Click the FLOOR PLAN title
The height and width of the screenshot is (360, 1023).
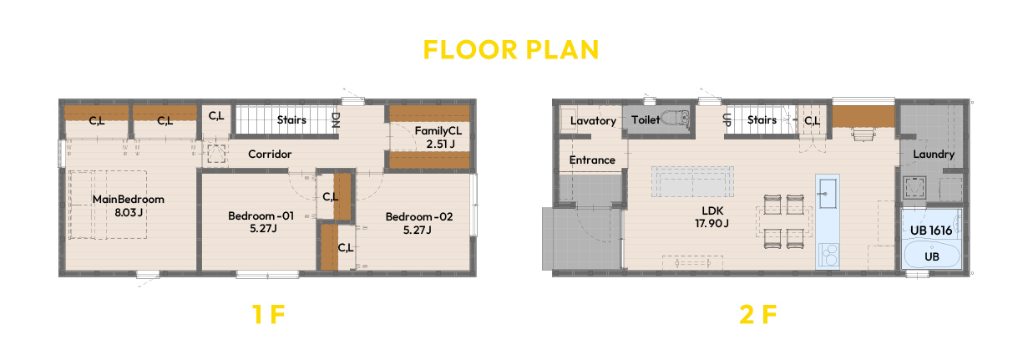(510, 49)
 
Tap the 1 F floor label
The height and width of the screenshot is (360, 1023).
(269, 314)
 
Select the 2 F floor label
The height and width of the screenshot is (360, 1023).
(758, 314)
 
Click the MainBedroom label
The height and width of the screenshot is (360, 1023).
(129, 200)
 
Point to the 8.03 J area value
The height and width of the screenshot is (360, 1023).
(129, 212)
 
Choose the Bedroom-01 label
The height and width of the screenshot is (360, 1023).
(261, 215)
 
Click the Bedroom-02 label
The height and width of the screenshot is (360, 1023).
(418, 216)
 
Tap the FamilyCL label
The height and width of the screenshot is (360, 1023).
(438, 131)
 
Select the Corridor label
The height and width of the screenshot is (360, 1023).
(270, 154)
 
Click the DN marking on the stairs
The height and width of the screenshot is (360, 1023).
(336, 120)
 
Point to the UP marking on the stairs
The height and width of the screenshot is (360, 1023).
(727, 119)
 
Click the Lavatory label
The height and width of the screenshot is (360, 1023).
(593, 121)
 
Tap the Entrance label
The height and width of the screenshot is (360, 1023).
(592, 160)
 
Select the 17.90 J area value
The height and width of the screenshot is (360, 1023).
(712, 223)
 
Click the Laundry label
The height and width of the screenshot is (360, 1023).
(934, 155)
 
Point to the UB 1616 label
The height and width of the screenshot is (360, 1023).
(931, 231)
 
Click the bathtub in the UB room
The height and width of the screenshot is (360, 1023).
(932, 254)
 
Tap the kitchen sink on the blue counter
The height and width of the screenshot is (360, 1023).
(828, 193)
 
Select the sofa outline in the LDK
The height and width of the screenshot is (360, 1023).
(692, 182)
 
